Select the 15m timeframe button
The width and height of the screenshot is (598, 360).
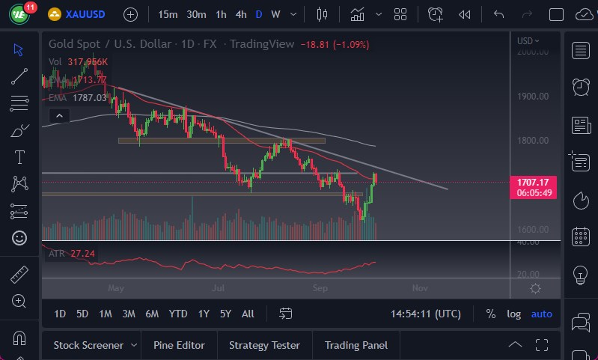pos(168,14)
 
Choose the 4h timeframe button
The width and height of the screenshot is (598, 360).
pos(240,14)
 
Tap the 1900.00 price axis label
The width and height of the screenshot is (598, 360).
pos(532,96)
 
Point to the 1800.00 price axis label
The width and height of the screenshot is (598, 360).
pos(532,140)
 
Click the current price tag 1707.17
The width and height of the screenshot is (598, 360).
pos(533,182)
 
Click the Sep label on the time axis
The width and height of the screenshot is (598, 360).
pos(320,287)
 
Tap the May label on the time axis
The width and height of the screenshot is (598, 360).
pos(115,287)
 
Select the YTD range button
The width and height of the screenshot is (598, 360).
pos(178,314)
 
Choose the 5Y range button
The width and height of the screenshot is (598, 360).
pos(225,314)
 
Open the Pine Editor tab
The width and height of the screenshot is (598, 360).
pos(179,345)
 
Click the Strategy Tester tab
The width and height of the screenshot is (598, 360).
pos(264,345)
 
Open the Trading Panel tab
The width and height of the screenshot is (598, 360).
pos(356,345)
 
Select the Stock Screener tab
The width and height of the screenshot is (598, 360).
pos(88,345)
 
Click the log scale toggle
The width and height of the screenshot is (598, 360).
pos(513,314)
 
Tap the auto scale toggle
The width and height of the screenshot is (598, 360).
pos(541,314)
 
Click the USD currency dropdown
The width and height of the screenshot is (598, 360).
pos(528,41)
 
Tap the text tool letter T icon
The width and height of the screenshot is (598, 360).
pos(19,157)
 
